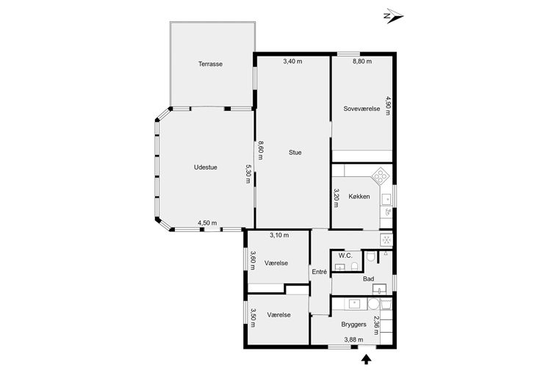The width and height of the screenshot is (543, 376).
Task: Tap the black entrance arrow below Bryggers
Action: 367,359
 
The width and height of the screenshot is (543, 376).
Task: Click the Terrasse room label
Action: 210,64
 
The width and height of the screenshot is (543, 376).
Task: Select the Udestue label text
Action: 205,167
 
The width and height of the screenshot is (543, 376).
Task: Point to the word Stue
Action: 295,153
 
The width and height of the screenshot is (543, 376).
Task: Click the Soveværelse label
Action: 362,109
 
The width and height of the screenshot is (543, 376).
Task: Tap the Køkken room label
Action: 359,197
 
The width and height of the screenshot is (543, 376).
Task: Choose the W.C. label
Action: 345,256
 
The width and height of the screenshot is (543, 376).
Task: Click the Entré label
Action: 319,272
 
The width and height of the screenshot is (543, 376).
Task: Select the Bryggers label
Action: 353,324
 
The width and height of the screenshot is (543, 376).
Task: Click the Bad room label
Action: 368,279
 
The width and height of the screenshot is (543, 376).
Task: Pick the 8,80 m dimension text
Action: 362,62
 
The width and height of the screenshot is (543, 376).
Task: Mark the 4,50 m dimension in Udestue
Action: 207,223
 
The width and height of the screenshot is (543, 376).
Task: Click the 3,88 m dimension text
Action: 353,339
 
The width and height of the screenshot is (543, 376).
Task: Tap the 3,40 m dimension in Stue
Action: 292,62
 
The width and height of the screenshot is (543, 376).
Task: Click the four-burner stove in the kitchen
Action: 381,175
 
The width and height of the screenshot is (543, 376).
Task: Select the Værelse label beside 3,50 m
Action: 278,314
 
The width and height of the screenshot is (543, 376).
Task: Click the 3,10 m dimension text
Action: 279,235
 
